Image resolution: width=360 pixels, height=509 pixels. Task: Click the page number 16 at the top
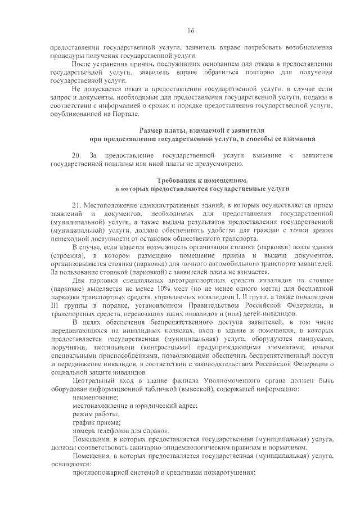[191, 30]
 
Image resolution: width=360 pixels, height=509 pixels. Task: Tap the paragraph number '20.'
[77, 155]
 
